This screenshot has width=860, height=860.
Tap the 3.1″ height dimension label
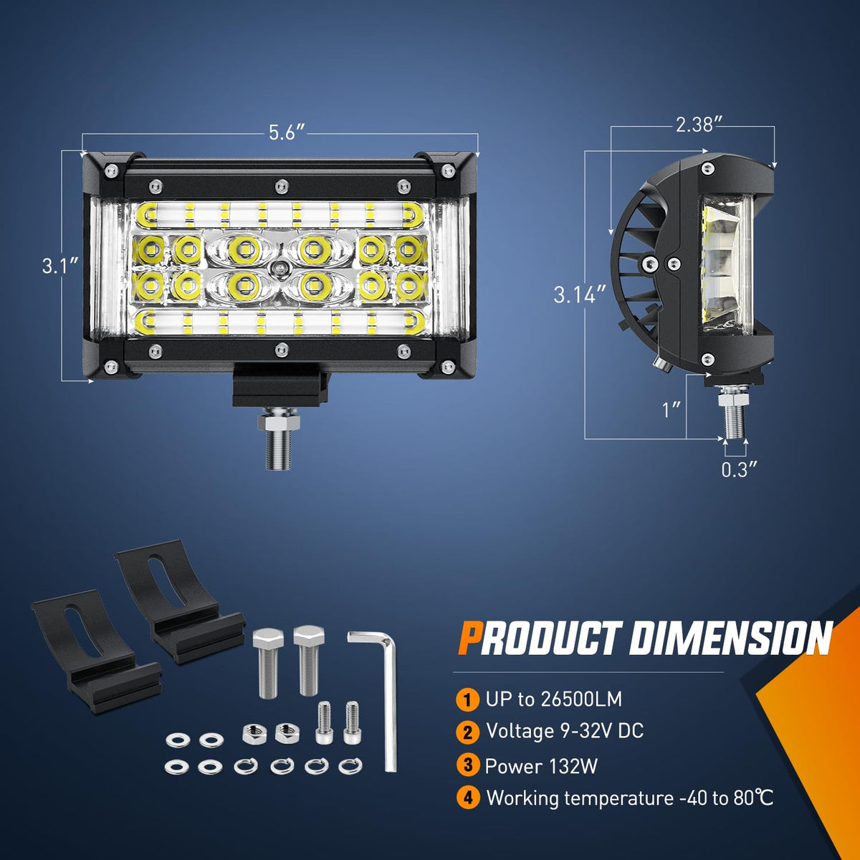(60, 267)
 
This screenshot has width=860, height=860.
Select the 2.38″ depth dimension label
(699, 125)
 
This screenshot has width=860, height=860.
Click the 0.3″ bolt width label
(740, 469)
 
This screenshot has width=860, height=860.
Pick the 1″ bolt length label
(672, 410)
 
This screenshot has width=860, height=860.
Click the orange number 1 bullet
(467, 699)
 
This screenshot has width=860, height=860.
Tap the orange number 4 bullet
(468, 798)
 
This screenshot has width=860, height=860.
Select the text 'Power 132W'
(541, 766)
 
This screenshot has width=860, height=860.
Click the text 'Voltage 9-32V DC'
(565, 731)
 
